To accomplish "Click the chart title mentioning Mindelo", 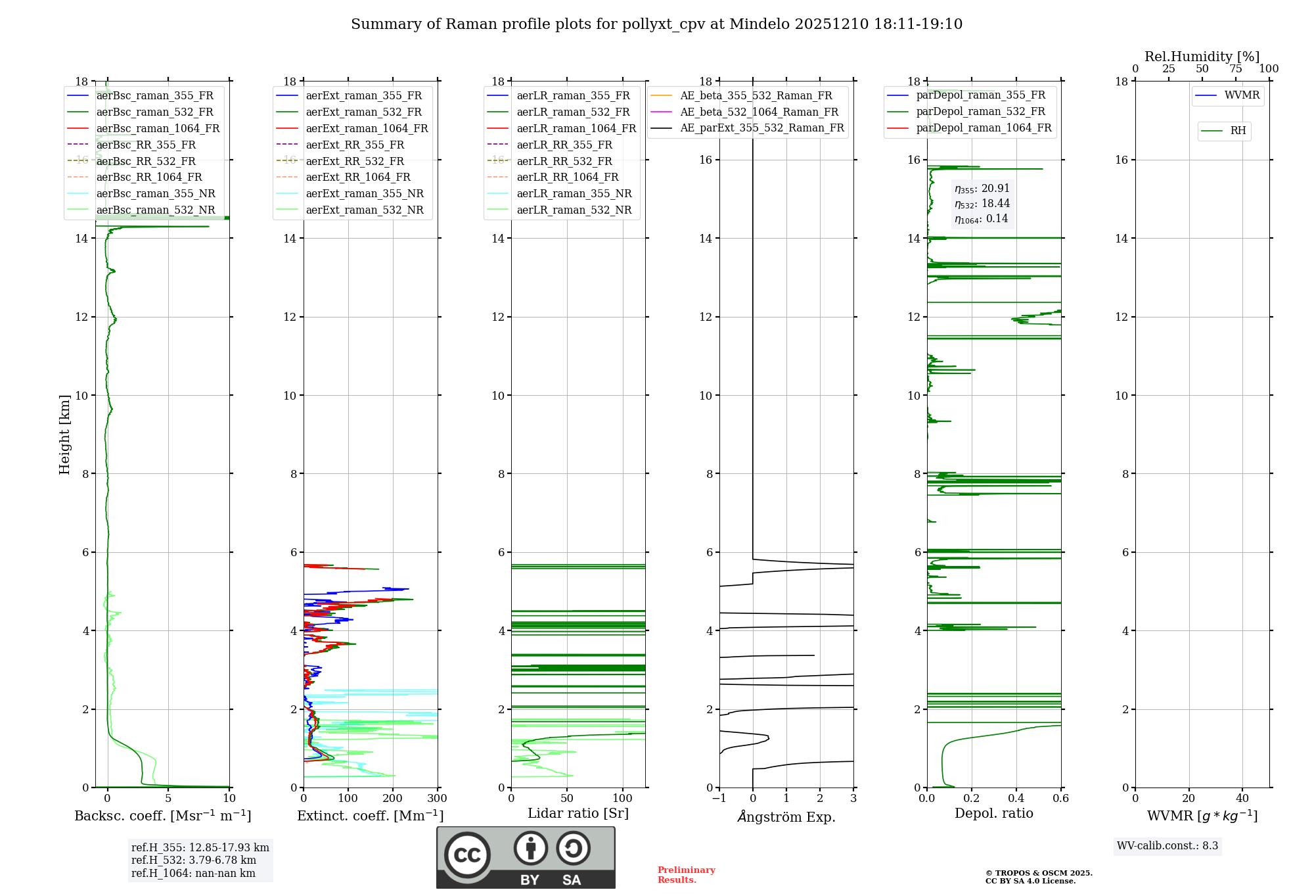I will (656, 24).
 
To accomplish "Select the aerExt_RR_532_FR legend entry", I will (355, 161).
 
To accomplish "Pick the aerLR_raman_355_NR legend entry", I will (574, 193).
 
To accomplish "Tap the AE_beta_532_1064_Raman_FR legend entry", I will (759, 112).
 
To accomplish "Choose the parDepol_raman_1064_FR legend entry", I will (984, 128).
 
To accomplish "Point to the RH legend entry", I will (1238, 131).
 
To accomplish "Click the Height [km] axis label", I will (64, 435).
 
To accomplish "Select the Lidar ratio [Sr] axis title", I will (578, 813).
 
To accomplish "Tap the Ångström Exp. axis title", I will (786, 816).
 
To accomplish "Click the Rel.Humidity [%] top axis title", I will (1202, 57).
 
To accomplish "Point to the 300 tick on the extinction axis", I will (437, 799).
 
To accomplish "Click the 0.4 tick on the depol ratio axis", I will (1016, 799).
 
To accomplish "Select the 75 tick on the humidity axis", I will (1236, 69).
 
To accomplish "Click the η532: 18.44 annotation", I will (982, 204).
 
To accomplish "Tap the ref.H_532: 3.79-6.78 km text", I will (193, 860).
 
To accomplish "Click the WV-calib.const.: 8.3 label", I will (1167, 846).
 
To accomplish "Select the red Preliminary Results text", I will (686, 875).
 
